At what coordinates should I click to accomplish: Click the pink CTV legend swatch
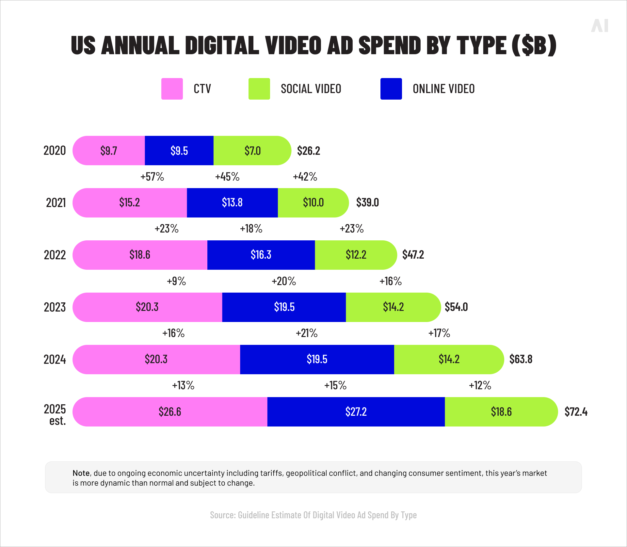[x=172, y=89]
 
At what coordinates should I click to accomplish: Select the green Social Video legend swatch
[x=259, y=89]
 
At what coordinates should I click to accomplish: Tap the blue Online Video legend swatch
[x=391, y=89]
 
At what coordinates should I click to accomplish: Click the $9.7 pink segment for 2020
[x=109, y=151]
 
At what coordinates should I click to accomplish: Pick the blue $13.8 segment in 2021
[x=232, y=202]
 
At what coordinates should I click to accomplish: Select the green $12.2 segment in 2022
[x=356, y=255]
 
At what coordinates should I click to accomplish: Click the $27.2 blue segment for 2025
[x=356, y=411]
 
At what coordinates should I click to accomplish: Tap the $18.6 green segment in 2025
[x=501, y=411]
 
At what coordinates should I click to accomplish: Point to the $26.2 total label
[x=308, y=151]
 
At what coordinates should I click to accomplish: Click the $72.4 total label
[x=576, y=412]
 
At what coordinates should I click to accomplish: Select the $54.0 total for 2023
[x=456, y=307]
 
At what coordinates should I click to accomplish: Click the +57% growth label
[x=152, y=177]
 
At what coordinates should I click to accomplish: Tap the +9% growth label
[x=176, y=281]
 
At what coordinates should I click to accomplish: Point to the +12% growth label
[x=480, y=385]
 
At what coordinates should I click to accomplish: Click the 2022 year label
[x=55, y=255]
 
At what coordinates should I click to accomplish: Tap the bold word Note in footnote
[x=81, y=473]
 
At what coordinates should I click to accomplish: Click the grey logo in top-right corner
[x=600, y=26]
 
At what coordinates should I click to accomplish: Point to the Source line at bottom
[x=313, y=515]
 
